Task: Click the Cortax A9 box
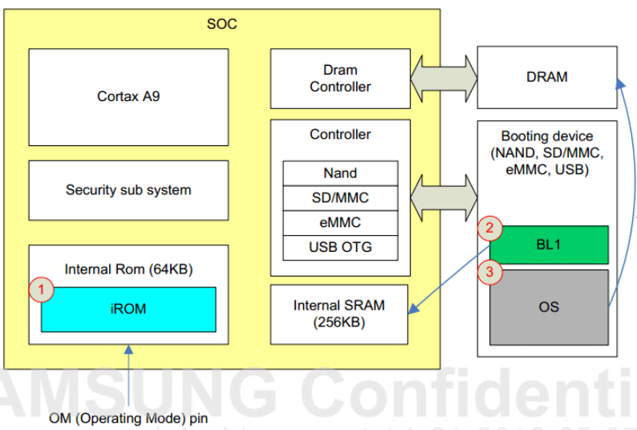pyautogui.click(x=128, y=96)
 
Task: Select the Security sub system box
pyautogui.click(x=128, y=190)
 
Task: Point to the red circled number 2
pyautogui.click(x=491, y=228)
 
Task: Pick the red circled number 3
pyautogui.click(x=491, y=272)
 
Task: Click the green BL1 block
pyautogui.click(x=549, y=245)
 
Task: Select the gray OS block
pyautogui.click(x=549, y=307)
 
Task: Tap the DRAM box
pyautogui.click(x=547, y=77)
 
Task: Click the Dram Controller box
pyautogui.click(x=340, y=79)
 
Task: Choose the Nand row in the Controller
pyautogui.click(x=340, y=173)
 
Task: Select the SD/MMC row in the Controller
pyautogui.click(x=340, y=198)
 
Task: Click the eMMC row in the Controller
pyautogui.click(x=340, y=222)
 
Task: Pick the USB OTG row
pyautogui.click(x=340, y=247)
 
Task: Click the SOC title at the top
pyautogui.click(x=222, y=24)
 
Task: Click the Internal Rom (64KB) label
pyautogui.click(x=128, y=269)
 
